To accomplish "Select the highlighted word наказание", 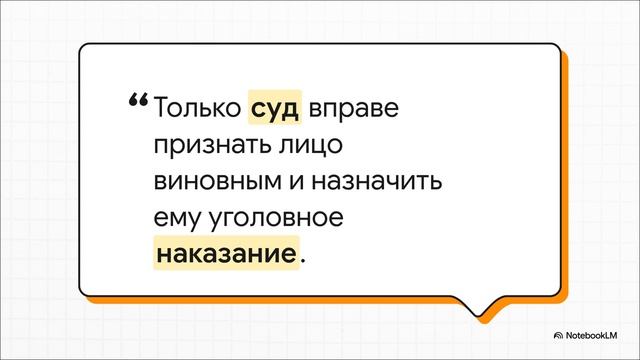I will point(227,251).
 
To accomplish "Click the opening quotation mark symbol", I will point(137,101).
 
